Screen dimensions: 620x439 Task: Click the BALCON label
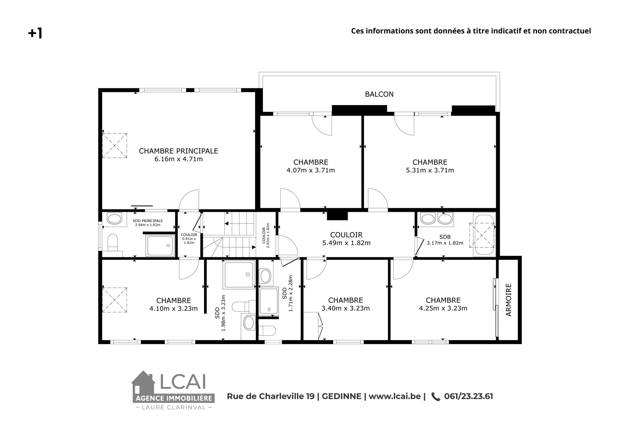tap(379, 94)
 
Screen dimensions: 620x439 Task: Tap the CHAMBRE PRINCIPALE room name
tap(178, 151)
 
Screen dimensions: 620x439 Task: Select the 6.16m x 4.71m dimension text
tap(178, 159)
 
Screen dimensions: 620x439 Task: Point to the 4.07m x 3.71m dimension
tap(311, 170)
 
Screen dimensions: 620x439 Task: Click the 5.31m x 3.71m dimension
tap(430, 170)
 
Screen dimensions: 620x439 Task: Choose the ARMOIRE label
tap(509, 300)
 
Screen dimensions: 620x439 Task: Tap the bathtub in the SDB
tap(484, 235)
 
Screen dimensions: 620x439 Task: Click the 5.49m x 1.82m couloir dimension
tap(346, 243)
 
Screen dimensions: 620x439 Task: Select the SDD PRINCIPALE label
tap(148, 221)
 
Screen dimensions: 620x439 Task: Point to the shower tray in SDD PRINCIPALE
tap(160, 246)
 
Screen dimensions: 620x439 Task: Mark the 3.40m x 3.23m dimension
tap(345, 308)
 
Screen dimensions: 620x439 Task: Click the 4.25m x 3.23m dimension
tap(443, 308)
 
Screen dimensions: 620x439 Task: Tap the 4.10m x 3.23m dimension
tap(174, 308)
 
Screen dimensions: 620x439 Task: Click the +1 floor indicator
tap(35, 33)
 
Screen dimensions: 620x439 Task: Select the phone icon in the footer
tap(436, 397)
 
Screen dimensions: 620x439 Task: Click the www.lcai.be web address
tap(395, 396)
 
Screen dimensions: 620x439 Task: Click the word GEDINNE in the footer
tap(341, 396)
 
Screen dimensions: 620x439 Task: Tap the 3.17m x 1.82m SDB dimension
tap(445, 243)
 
